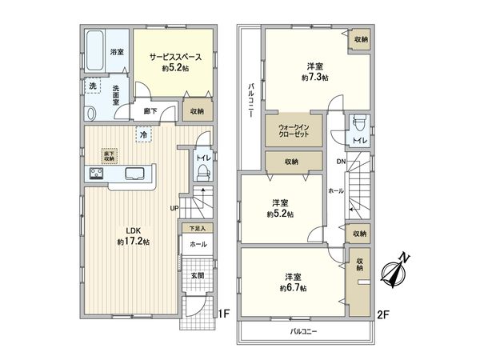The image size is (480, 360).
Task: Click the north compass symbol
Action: coord(396,271)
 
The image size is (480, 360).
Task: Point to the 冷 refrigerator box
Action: coord(145,135)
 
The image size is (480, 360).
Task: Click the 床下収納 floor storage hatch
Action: coord(108,155)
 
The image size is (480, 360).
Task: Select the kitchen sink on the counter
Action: coord(134,174)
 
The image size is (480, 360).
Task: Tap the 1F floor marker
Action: coord(226,314)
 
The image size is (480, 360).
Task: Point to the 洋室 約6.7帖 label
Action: coord(291,282)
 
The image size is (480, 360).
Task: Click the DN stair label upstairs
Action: coord(339,162)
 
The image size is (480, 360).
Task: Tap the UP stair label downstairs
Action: coord(174,209)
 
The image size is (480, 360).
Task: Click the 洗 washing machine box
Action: coord(93,86)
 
